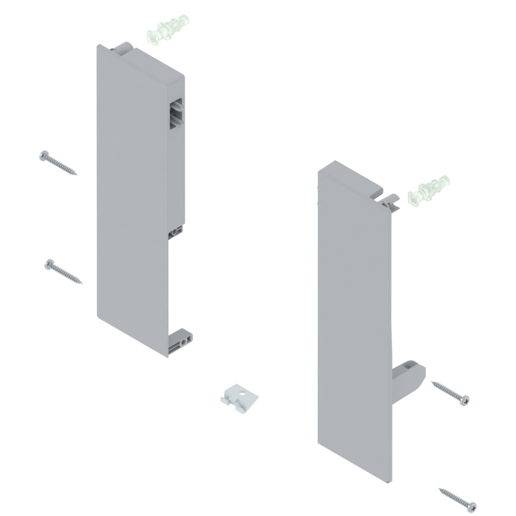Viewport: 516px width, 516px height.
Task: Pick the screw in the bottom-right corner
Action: point(456,497)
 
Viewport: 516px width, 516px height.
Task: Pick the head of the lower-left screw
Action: point(48,263)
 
